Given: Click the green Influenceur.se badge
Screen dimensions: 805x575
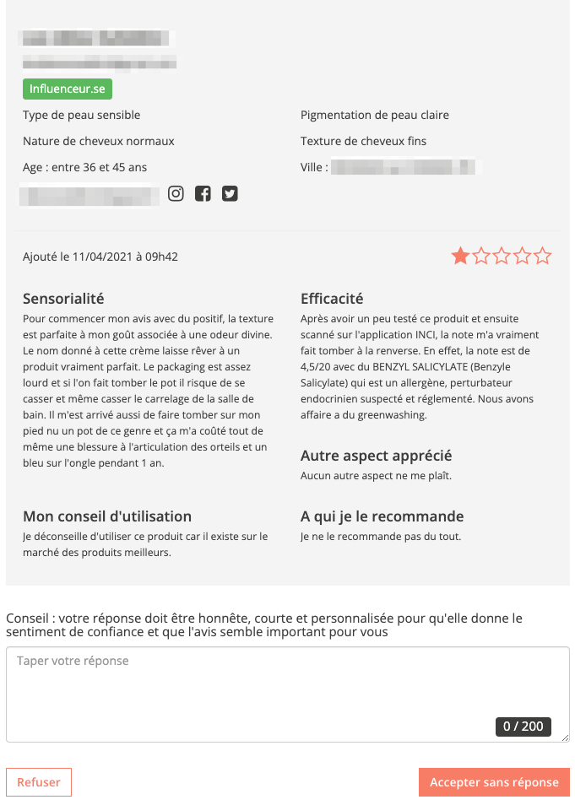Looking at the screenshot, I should pos(68,89).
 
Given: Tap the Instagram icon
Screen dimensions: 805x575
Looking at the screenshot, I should pos(176,193).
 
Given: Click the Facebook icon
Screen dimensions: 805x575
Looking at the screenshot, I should pos(203,193).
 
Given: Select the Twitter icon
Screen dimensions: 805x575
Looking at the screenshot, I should pos(230,193).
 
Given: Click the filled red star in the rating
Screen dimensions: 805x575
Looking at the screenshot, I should pos(460,256).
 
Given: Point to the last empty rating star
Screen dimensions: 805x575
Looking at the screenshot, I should pos(543,256).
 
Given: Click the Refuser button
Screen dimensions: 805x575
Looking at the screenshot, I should pos(39,782).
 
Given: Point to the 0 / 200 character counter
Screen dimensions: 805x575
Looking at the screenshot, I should pos(523,726).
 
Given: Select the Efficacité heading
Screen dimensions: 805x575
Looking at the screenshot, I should pos(332,298).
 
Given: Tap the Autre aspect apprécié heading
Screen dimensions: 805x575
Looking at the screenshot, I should pos(377,456).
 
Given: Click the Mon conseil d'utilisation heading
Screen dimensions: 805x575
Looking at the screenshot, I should pos(107,516).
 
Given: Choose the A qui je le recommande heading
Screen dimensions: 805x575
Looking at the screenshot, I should pos(382,516).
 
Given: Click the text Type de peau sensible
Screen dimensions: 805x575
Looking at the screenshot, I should pos(82,115).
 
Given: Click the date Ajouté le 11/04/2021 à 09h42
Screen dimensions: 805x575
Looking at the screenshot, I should pos(100,257).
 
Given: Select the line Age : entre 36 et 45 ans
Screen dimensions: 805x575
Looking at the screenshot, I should pos(85,167).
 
